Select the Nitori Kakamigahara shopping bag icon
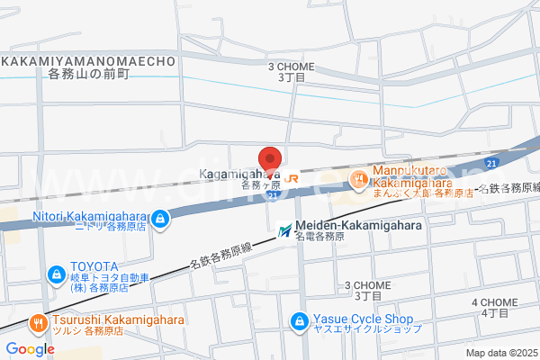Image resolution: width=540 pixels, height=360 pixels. point(159,218)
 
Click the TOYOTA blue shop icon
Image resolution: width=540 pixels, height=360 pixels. point(56,273)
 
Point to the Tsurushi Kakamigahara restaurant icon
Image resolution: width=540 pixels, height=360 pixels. point(37,320)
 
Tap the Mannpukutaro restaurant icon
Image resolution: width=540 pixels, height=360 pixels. point(357,178)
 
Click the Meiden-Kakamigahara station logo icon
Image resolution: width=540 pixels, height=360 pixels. point(285,231)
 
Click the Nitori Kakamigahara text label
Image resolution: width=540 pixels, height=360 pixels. point(91,215)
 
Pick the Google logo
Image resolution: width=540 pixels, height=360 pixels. point(29,349)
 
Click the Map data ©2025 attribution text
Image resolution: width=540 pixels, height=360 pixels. point(500,352)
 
